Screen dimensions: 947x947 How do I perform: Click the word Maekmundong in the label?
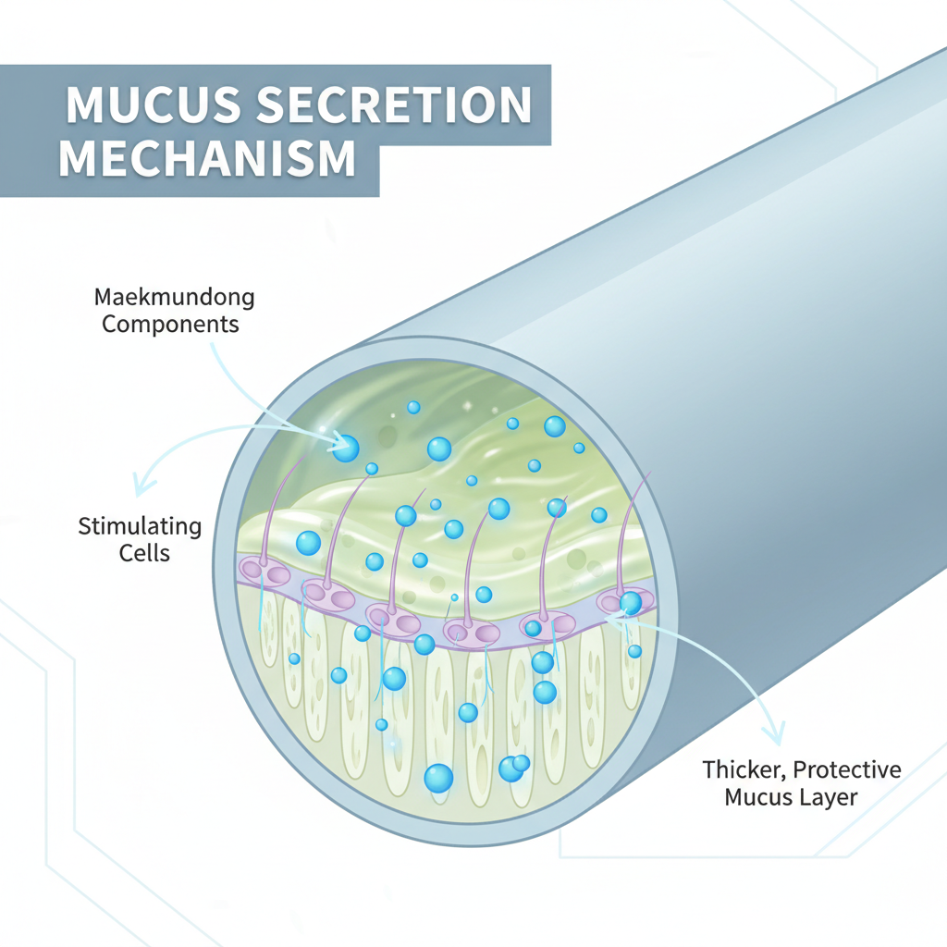pos(175,299)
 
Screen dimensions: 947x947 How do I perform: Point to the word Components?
pos(170,325)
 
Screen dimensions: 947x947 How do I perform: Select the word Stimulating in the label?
pos(141,527)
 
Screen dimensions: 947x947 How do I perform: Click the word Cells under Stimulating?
pos(145,553)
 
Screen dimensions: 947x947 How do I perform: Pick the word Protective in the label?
pos(846,769)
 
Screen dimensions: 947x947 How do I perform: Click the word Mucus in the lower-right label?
pos(758,796)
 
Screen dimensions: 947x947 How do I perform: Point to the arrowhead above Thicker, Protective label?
pos(776,736)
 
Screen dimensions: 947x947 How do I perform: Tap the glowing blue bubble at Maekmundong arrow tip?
pos(345,449)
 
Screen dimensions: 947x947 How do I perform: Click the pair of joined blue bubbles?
pos(513,767)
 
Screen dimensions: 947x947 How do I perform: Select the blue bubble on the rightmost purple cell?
pos(631,603)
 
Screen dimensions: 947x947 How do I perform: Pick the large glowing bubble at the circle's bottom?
pos(438,778)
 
